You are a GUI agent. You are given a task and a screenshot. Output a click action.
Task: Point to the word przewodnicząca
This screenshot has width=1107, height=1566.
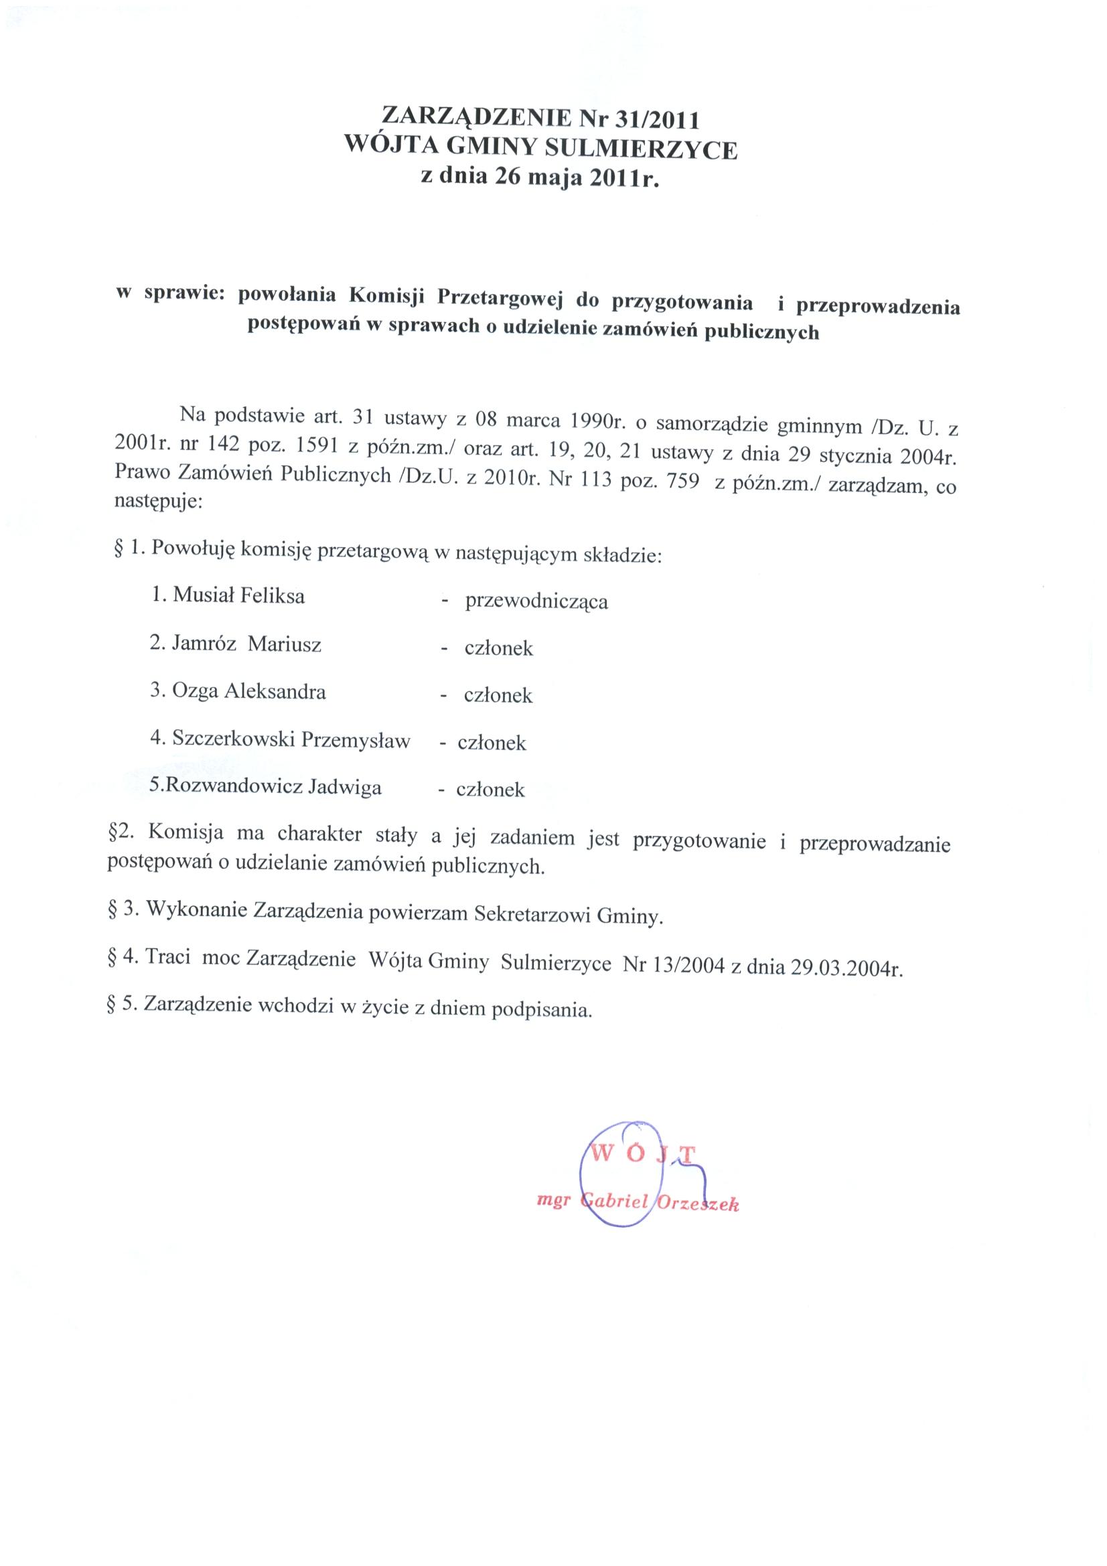[x=536, y=601]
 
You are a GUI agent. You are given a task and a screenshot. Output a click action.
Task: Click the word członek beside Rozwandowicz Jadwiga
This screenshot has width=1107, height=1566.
[x=490, y=790]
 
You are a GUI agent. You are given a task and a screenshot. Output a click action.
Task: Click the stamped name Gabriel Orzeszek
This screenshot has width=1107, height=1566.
[x=659, y=1203]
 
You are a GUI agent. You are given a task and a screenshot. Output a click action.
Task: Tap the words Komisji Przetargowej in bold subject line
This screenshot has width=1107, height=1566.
[x=454, y=297]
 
